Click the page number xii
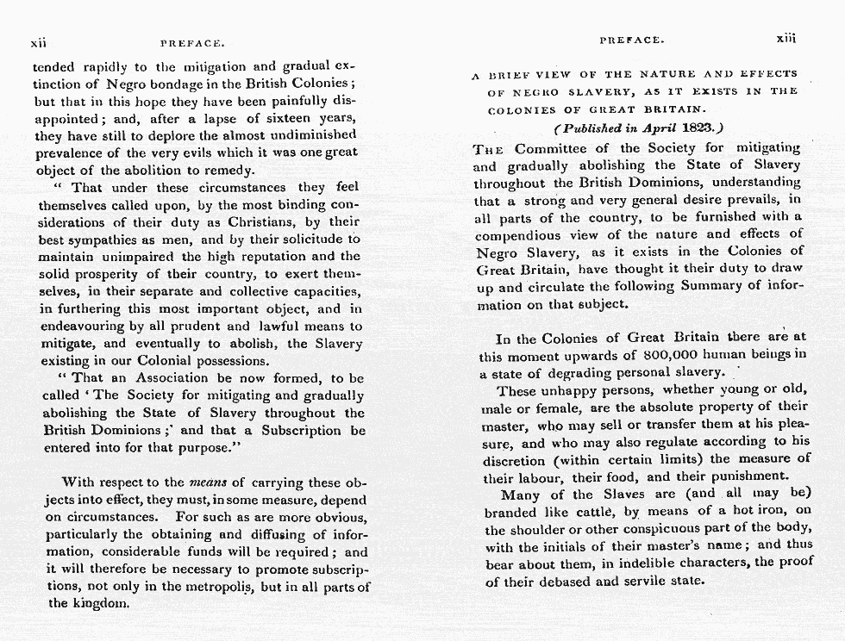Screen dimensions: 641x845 pyautogui.click(x=38, y=41)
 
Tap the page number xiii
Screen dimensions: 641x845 pyautogui.click(x=785, y=40)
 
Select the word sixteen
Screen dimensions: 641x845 pyautogui.click(x=276, y=118)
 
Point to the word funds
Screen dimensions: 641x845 pyautogui.click(x=207, y=552)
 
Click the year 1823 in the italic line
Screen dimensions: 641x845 pyautogui.click(x=701, y=128)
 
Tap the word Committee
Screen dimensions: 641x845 pyautogui.click(x=562, y=147)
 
